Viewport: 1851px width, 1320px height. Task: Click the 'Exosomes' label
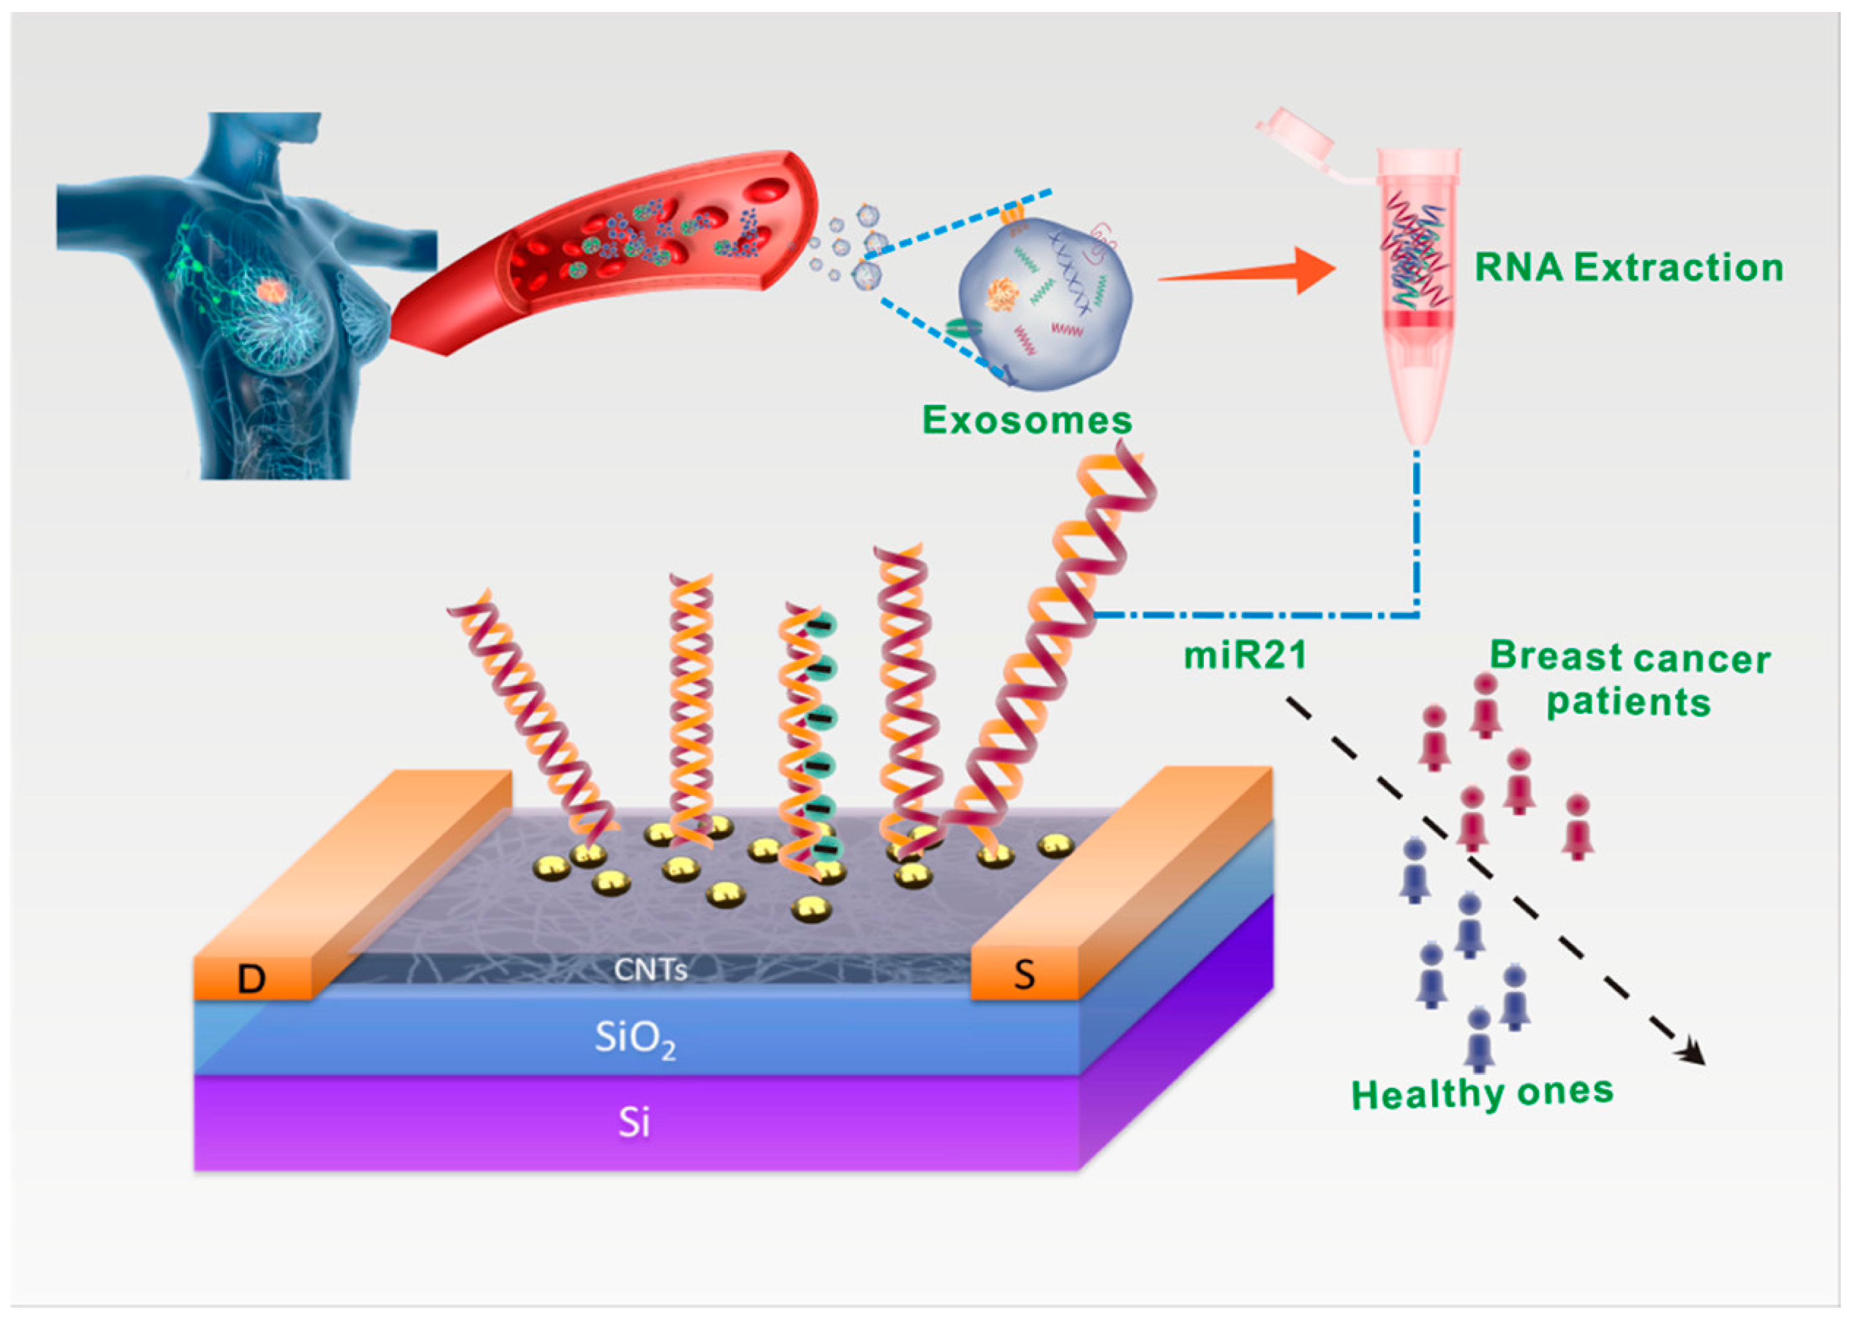1027,420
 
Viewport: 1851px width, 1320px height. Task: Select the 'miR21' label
1245,655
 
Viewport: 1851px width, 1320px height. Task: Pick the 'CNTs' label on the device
650,969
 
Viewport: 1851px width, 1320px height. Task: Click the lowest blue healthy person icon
1480,1040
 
